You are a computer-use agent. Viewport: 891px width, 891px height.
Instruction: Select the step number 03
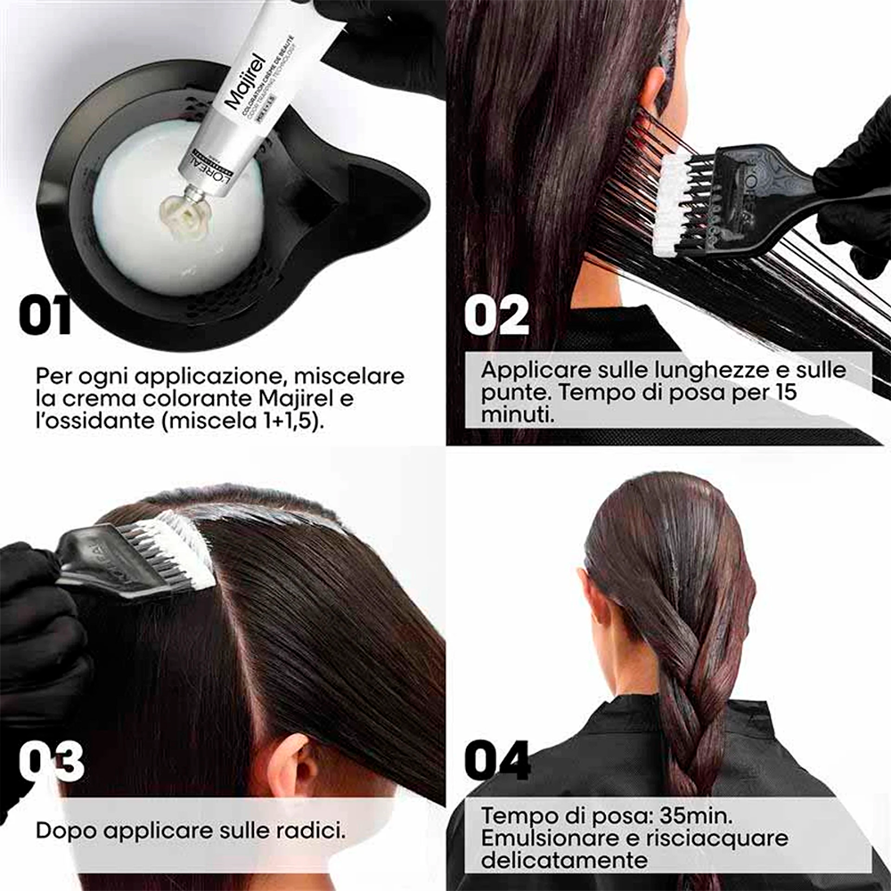pos(51,762)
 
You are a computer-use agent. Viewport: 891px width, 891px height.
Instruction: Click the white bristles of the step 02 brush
pos(674,200)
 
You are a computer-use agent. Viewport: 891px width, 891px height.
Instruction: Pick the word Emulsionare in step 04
pos(544,838)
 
